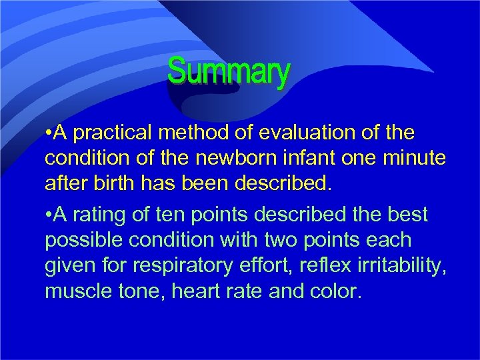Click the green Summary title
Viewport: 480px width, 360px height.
(x=229, y=71)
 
